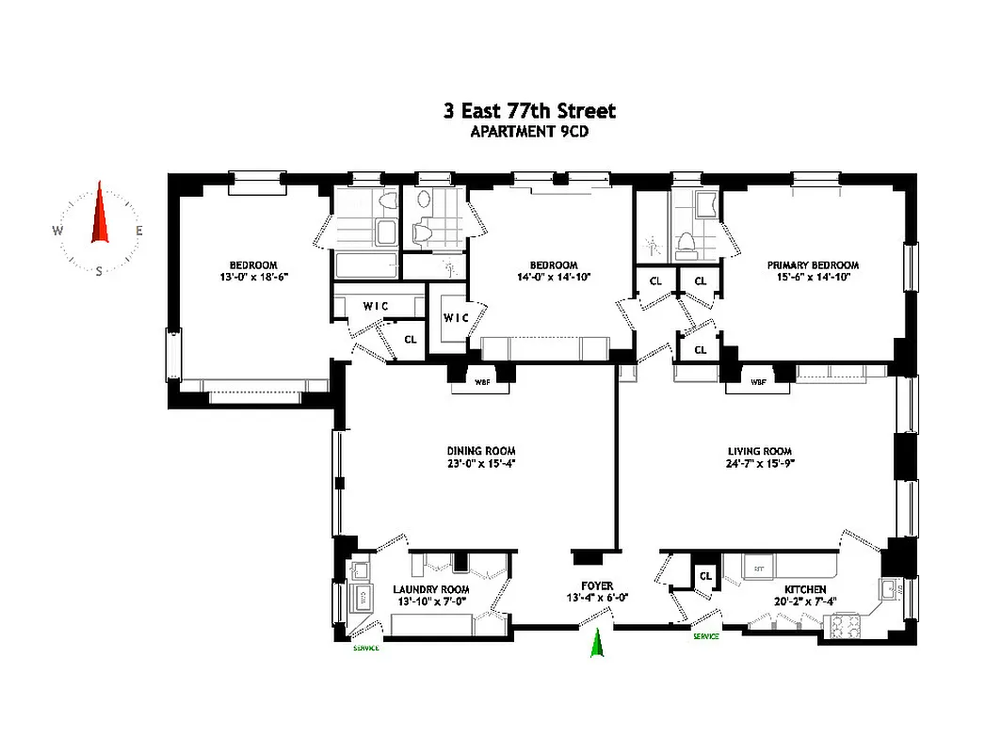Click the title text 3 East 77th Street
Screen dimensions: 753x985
529,111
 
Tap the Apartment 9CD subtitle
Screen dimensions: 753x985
529,132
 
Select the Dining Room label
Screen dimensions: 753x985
481,451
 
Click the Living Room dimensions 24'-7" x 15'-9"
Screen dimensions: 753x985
759,463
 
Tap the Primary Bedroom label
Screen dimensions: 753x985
813,265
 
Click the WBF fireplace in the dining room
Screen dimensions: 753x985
481,381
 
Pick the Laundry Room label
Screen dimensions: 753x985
430,589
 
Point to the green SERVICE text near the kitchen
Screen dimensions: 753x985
706,636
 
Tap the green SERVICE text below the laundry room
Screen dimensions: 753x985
366,648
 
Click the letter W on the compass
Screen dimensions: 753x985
57,231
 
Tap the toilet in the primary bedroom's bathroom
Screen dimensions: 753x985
687,245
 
